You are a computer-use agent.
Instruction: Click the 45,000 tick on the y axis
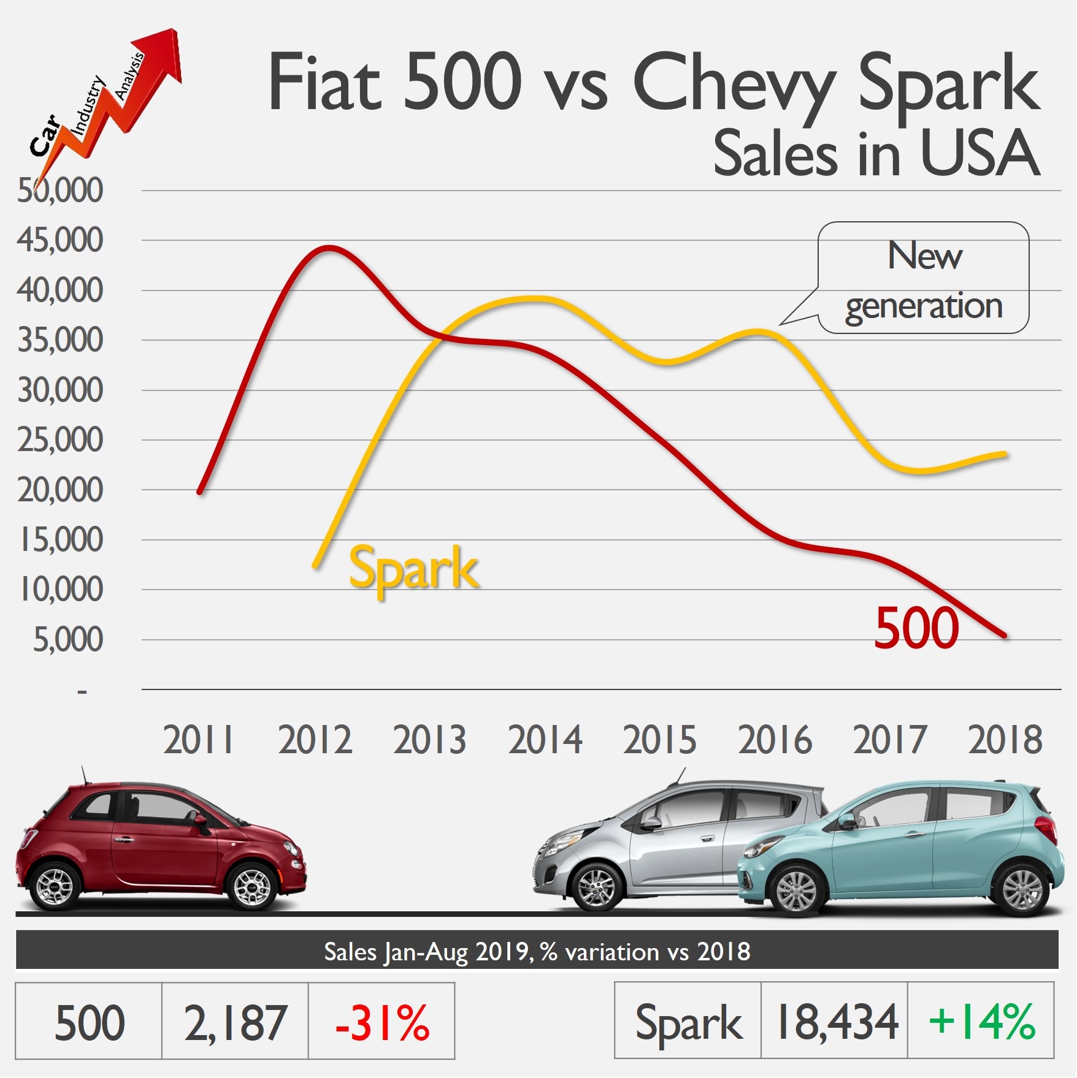click(59, 240)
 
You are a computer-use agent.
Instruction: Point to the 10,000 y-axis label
click(61, 590)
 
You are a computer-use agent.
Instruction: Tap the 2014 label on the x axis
click(545, 740)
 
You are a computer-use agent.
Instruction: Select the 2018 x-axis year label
click(1005, 740)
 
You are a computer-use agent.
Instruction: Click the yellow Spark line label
click(413, 569)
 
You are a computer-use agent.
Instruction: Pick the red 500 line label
click(916, 628)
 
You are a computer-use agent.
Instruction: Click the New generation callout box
click(924, 278)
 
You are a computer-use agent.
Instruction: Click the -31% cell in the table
click(381, 1022)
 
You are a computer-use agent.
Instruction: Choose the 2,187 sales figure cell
click(235, 1022)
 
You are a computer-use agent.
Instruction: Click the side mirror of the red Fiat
click(200, 822)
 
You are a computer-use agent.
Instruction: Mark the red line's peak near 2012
click(329, 248)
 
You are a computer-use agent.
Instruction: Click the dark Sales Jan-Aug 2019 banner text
click(537, 952)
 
